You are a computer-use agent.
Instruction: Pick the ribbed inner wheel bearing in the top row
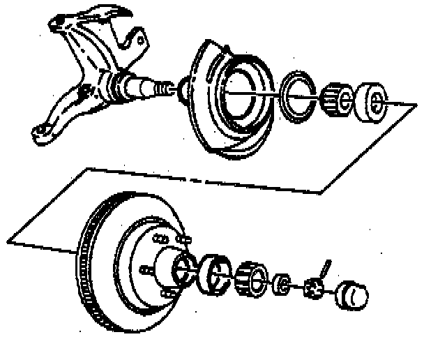tap(338, 99)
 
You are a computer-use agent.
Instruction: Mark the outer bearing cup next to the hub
tap(215, 273)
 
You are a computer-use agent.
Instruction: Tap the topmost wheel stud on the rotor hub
tap(183, 239)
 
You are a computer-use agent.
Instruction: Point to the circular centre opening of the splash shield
tap(241, 91)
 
